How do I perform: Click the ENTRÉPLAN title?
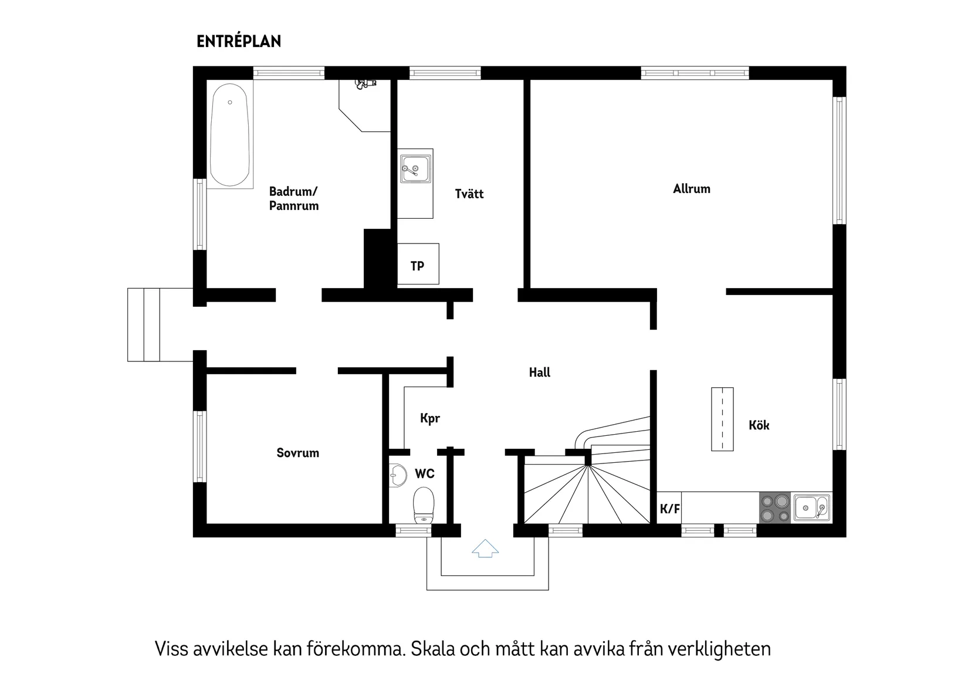239,42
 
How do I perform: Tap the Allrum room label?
692,189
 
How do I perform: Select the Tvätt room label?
469,194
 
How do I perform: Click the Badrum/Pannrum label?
294,198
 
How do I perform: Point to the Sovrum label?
298,453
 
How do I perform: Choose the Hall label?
540,373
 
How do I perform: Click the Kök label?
759,425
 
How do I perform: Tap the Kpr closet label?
430,418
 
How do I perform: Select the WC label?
425,473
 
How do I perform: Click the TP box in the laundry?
418,265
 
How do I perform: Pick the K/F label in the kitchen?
670,509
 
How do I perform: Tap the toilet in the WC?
424,505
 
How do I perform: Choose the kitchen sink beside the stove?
813,508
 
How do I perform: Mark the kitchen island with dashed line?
722,419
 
